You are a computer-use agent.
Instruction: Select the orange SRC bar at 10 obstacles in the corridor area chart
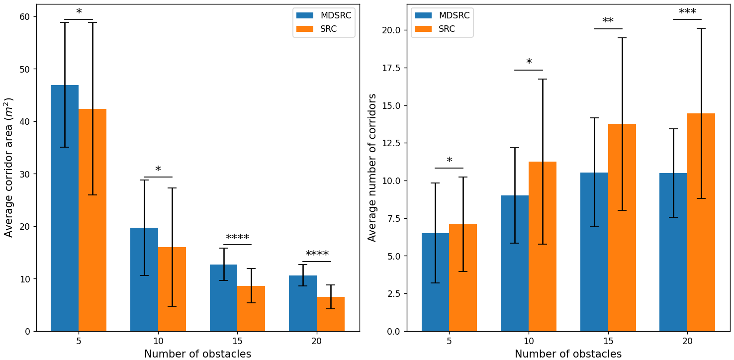(172, 289)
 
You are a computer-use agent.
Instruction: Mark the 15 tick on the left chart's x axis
(237, 342)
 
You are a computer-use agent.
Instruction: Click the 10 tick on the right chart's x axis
(529, 342)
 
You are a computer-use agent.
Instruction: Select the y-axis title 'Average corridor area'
(9, 167)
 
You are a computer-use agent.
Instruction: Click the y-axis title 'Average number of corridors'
(372, 167)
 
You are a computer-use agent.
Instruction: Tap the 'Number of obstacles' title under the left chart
(197, 354)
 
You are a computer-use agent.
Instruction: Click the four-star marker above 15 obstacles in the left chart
(237, 238)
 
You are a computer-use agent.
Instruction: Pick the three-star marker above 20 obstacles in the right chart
(687, 12)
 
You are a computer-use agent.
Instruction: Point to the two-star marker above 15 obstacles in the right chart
(608, 21)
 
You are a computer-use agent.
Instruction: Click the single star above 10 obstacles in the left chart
(158, 170)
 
